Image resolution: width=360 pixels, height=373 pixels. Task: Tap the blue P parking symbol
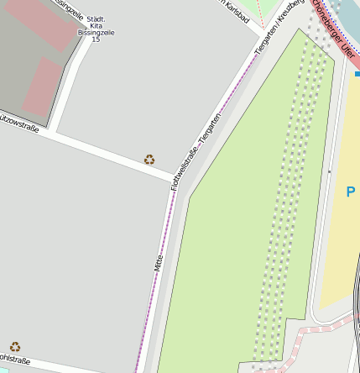click(351, 192)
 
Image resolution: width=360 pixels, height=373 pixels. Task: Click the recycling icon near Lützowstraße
click(149, 159)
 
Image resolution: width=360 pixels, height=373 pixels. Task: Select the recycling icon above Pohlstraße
click(15, 346)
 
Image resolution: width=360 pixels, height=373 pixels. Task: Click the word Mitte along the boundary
click(157, 262)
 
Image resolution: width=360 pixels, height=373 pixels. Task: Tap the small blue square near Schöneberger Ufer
click(357, 74)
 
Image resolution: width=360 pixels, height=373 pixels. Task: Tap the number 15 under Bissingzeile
click(95, 39)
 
